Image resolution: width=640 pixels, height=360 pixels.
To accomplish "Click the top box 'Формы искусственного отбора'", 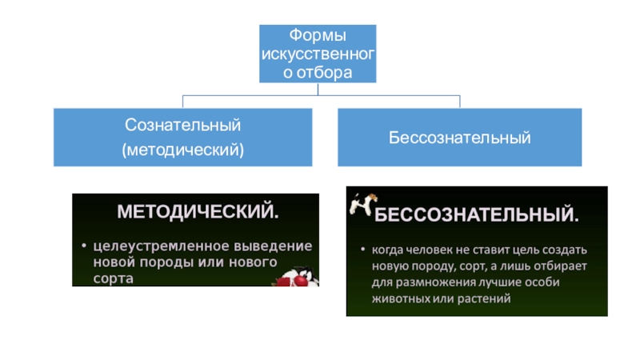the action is pyautogui.click(x=318, y=53).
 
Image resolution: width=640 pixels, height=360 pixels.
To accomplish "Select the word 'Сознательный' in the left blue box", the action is pyautogui.click(x=183, y=126).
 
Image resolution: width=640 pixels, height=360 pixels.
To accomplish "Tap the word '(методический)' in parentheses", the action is pyautogui.click(x=183, y=149).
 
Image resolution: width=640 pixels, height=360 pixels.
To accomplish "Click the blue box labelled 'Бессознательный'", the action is pyautogui.click(x=460, y=138).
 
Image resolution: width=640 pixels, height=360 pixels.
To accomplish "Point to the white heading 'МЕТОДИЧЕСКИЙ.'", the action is pyautogui.click(x=199, y=214).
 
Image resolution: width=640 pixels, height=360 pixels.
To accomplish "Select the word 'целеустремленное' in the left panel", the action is pyautogui.click(x=152, y=244).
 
